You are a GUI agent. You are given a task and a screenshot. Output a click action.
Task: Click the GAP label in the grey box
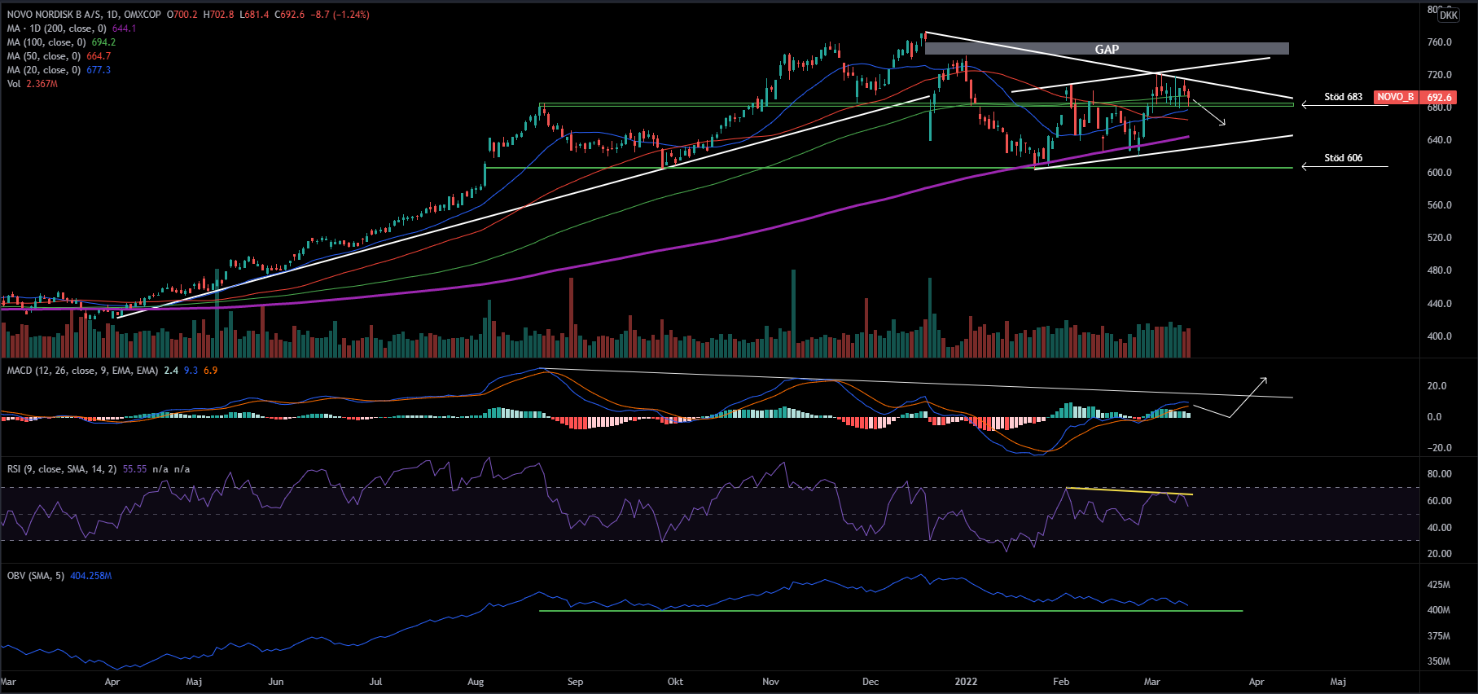coord(1107,50)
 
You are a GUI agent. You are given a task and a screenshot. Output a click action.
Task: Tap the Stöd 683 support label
coord(1343,97)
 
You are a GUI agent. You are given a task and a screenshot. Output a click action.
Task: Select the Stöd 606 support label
coord(1343,158)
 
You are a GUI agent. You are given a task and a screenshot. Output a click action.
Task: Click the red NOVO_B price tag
coord(1395,97)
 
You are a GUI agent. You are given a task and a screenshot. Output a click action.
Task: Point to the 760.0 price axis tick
coord(1440,42)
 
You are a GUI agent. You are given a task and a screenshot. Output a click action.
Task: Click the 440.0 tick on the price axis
coord(1440,304)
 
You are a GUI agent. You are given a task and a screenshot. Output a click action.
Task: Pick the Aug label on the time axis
coord(476,682)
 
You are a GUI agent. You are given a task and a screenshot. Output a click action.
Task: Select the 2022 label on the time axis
coord(966,682)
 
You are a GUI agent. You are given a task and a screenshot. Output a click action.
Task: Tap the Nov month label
coord(770,682)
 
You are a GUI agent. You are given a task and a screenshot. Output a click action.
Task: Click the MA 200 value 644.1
coord(124,29)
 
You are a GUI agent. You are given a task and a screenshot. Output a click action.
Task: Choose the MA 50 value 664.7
coord(99,56)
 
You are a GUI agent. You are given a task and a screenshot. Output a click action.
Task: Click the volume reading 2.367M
coord(42,84)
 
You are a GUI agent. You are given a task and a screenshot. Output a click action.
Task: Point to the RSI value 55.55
coord(134,469)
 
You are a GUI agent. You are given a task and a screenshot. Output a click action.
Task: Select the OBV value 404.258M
coord(91,576)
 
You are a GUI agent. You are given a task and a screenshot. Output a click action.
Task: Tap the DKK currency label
coord(1448,15)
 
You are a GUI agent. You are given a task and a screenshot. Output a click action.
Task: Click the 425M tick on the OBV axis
coord(1439,585)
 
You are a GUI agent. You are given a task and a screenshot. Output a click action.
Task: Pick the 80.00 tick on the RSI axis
coord(1439,474)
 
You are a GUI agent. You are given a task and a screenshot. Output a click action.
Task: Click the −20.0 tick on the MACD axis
coord(1439,448)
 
